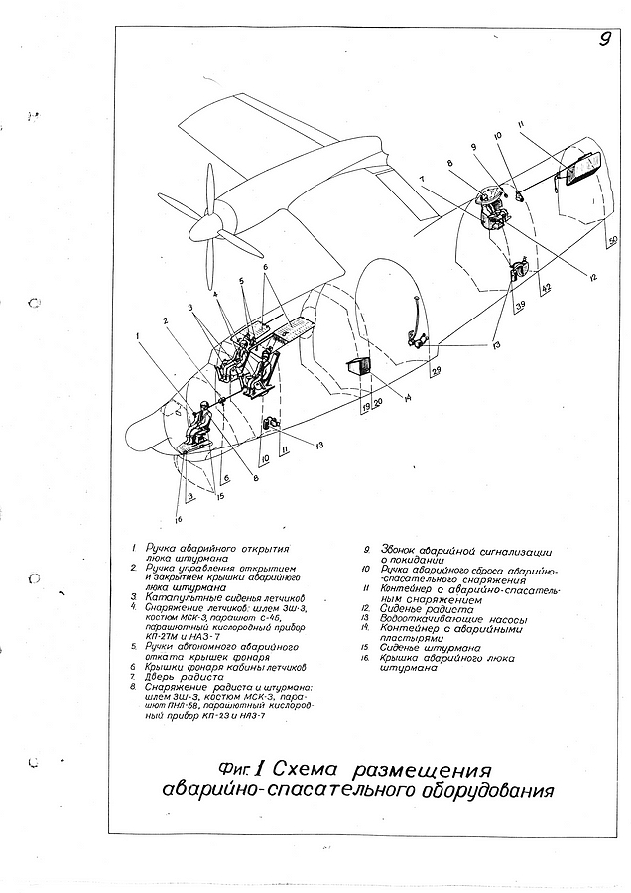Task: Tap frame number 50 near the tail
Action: pos(612,241)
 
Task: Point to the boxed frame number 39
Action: pos(519,308)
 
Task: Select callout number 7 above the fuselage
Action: pos(422,180)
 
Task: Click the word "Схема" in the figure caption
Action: pos(306,770)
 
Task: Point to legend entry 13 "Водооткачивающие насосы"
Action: pos(445,620)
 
